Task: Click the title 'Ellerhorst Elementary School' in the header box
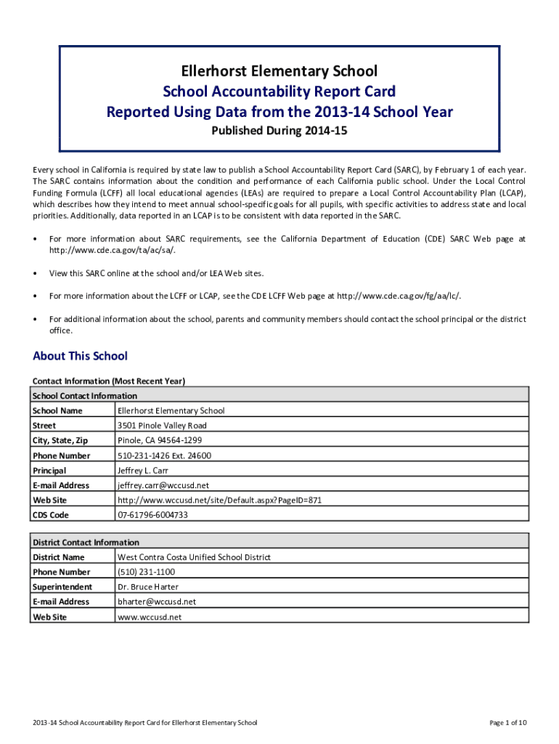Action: click(x=279, y=70)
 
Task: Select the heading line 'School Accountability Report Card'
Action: click(x=279, y=92)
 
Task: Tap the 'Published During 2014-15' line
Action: click(x=279, y=132)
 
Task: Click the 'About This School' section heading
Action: click(x=80, y=355)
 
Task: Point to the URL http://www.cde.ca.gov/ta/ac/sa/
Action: click(x=112, y=250)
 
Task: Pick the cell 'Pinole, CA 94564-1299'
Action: click(x=160, y=440)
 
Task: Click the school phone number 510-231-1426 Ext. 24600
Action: click(x=164, y=456)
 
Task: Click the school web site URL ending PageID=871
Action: click(x=219, y=500)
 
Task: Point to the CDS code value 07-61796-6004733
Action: click(x=152, y=515)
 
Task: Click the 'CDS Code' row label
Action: click(x=50, y=515)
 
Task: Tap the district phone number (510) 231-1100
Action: click(x=146, y=572)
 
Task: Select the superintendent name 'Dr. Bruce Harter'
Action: click(x=148, y=587)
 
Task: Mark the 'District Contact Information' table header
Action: click(x=86, y=542)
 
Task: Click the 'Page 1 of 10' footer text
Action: click(x=508, y=723)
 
